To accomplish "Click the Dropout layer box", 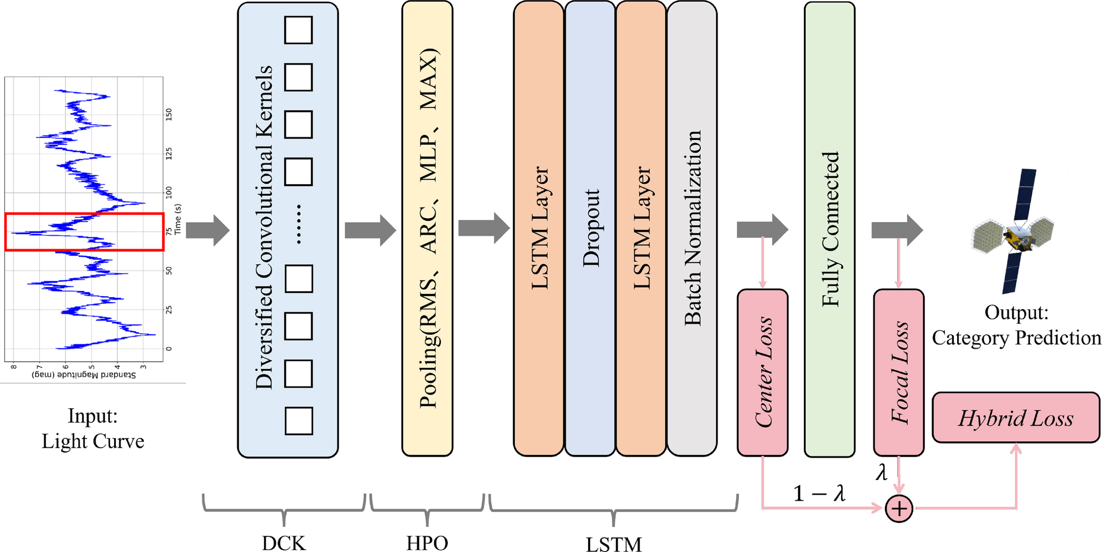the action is pyautogui.click(x=590, y=229).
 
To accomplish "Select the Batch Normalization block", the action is pyautogui.click(x=692, y=229).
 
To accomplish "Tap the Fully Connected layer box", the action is pyautogui.click(x=829, y=230).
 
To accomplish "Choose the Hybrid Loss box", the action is pyautogui.click(x=1016, y=418).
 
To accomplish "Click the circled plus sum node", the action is pyautogui.click(x=899, y=509).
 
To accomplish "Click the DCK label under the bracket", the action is pyautogui.click(x=284, y=544).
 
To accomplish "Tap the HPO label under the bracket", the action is pyautogui.click(x=427, y=544).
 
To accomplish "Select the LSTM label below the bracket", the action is pyautogui.click(x=614, y=544).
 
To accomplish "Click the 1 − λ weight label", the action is pyautogui.click(x=819, y=494).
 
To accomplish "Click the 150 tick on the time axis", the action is pyautogui.click(x=169, y=114).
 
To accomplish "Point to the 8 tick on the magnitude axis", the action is pyautogui.click(x=14, y=367).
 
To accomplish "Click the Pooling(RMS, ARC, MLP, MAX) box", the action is pyautogui.click(x=427, y=229).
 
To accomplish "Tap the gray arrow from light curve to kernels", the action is pyautogui.click(x=208, y=231).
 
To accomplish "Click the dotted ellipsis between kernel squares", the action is pyautogui.click(x=299, y=224).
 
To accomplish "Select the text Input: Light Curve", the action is pyautogui.click(x=93, y=429).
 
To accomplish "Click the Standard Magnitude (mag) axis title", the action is pyautogui.click(x=84, y=375).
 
